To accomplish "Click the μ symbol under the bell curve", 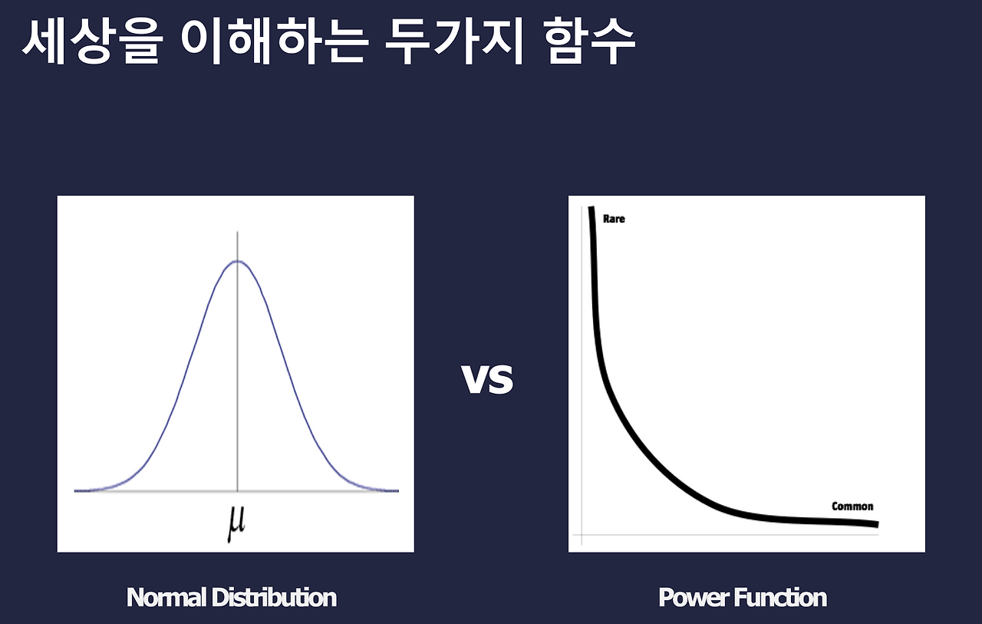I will coord(237,523).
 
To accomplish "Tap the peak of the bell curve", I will coord(237,262).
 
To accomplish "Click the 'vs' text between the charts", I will coord(487,378).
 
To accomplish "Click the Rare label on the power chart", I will coord(614,219).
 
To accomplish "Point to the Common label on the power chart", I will coord(852,507).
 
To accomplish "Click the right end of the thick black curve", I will coord(875,525).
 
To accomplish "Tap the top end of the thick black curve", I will coord(592,209).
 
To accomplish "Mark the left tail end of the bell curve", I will coord(77,490).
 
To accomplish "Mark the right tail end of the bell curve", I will coord(397,490).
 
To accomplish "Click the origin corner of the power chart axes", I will coord(582,534).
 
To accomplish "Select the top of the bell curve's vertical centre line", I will coord(237,232).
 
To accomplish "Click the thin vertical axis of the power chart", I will coord(582,384).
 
